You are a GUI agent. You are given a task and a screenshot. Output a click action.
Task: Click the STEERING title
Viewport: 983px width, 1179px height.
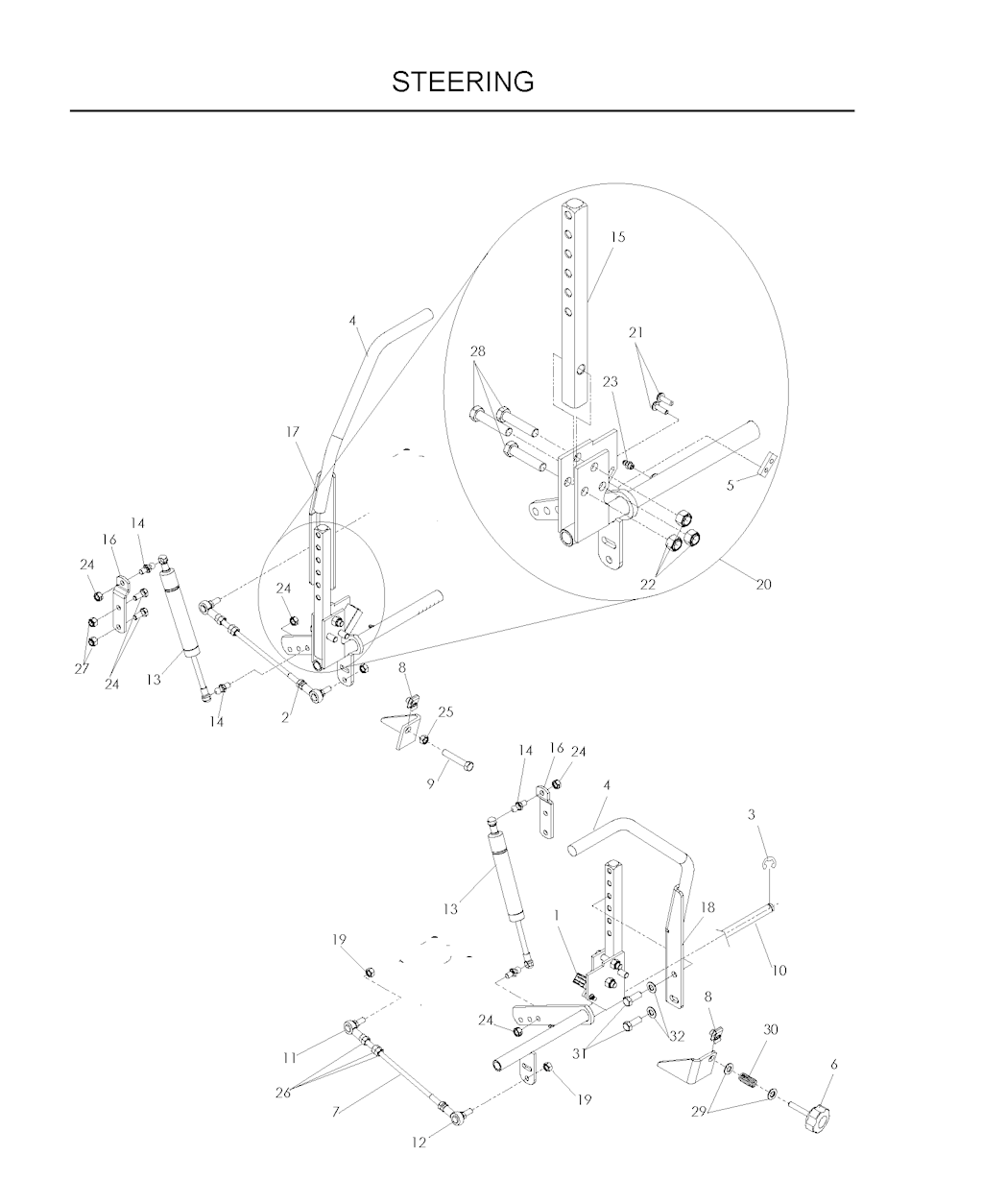click(x=463, y=82)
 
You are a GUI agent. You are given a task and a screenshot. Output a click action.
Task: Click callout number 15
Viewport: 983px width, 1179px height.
click(x=618, y=236)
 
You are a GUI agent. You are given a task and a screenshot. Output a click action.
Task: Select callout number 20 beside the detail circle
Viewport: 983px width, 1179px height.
click(x=763, y=585)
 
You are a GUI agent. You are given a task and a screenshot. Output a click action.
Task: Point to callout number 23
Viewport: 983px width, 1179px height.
click(x=611, y=382)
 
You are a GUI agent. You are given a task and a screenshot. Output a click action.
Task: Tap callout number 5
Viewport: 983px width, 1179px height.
click(x=731, y=485)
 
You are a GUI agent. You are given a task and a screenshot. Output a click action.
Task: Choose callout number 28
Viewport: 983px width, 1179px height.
click(x=478, y=351)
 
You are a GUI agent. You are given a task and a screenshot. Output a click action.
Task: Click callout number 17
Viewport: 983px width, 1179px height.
click(x=293, y=432)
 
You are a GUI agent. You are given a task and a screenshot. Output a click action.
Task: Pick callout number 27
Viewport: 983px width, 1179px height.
click(x=83, y=669)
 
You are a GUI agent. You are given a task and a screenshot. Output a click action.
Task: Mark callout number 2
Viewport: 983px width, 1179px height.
click(x=285, y=717)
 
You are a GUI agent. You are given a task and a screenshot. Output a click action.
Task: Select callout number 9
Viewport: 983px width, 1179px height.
click(x=431, y=784)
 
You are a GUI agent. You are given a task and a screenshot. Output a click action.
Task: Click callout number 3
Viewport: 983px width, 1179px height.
click(x=751, y=815)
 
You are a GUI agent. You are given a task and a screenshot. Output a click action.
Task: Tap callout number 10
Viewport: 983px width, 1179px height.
click(x=779, y=971)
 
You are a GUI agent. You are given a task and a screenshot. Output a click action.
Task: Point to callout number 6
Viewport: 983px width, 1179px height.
click(x=834, y=1065)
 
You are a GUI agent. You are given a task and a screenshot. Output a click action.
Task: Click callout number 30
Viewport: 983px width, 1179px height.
click(x=770, y=1029)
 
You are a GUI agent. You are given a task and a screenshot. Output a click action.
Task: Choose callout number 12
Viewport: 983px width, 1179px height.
click(x=419, y=1143)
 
